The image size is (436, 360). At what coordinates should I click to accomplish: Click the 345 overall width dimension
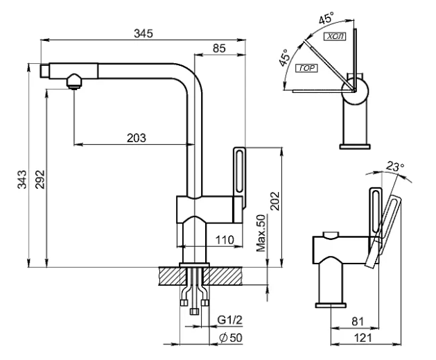click(x=143, y=33)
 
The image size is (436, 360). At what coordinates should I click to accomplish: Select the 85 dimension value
click(x=219, y=49)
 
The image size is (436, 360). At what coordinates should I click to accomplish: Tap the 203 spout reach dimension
click(x=137, y=138)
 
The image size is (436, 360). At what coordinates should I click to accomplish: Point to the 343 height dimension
click(x=22, y=180)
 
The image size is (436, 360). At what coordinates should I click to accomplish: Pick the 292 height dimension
click(x=40, y=180)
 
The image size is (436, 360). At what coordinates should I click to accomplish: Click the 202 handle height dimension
click(x=274, y=201)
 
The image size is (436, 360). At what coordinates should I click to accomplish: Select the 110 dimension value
click(x=225, y=239)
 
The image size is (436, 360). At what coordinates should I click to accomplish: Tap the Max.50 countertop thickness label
click(x=261, y=233)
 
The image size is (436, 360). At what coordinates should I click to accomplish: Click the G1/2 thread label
click(x=229, y=320)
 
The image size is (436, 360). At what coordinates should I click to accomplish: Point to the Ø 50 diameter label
click(x=231, y=338)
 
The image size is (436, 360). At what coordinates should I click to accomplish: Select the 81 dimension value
click(x=358, y=321)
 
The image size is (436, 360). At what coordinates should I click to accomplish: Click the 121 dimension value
click(x=363, y=338)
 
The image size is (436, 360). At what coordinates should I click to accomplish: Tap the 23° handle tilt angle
click(x=395, y=166)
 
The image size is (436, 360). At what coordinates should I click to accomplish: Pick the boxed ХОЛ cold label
click(x=335, y=37)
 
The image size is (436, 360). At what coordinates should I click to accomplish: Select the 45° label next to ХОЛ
click(x=326, y=19)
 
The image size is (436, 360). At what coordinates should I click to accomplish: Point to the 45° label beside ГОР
click(x=285, y=58)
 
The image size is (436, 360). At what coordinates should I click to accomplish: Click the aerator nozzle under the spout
click(x=73, y=82)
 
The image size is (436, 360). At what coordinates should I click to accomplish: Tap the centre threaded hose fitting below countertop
click(x=194, y=311)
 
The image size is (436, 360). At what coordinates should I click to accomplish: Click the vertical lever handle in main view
click(x=239, y=178)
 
